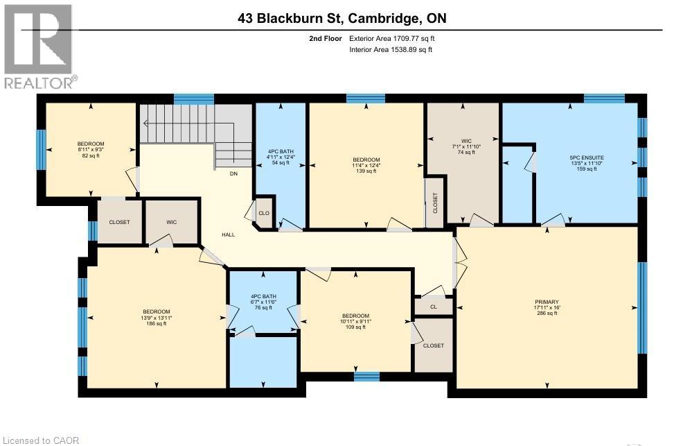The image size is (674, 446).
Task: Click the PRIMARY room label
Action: (x=546, y=302)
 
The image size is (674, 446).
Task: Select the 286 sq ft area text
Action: (x=546, y=314)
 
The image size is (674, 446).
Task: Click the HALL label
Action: (x=228, y=234)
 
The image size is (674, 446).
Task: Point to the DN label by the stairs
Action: (x=234, y=174)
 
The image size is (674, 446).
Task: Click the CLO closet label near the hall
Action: (x=263, y=214)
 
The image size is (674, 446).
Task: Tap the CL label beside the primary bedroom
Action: (x=434, y=305)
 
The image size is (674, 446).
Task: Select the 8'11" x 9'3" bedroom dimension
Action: (x=90, y=150)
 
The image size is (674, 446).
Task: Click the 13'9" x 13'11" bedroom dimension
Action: (x=157, y=318)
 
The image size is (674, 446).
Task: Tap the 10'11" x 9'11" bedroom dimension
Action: (x=356, y=320)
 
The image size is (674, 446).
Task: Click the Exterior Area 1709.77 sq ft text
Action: (x=393, y=39)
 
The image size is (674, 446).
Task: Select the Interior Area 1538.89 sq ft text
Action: (x=391, y=50)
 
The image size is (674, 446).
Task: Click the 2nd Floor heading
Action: (x=325, y=39)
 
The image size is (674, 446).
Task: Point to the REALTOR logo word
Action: (x=39, y=83)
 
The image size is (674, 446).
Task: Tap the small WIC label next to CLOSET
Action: (x=172, y=223)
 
